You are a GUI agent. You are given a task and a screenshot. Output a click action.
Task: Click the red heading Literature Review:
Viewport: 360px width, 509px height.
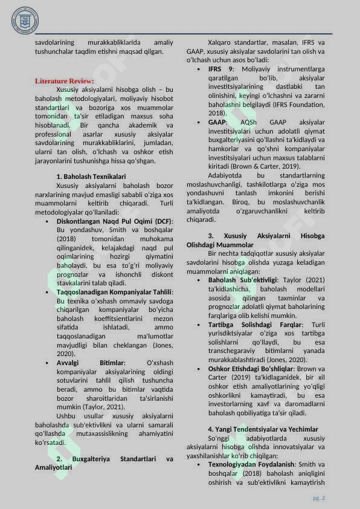[64, 81]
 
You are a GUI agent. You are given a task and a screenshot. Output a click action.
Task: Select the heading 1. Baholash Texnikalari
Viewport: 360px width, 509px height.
[91, 177]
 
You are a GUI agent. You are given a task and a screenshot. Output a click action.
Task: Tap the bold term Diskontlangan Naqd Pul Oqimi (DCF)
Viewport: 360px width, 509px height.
[114, 221]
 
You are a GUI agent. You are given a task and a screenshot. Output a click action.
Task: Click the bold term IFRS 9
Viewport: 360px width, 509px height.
[221, 70]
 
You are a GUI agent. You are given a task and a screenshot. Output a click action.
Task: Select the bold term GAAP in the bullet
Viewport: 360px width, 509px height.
[217, 122]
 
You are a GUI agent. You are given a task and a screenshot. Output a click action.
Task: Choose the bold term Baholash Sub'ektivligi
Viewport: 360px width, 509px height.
[242, 280]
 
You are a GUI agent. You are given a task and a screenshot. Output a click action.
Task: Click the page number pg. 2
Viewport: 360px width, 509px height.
[319, 498]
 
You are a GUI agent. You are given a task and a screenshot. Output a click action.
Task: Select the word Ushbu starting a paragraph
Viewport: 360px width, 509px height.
[66, 416]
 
